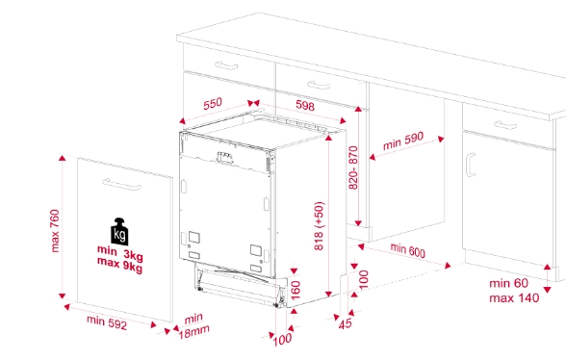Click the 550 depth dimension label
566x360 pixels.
point(213,104)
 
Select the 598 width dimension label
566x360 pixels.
point(305,106)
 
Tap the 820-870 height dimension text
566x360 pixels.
point(353,167)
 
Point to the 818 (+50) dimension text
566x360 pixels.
point(320,226)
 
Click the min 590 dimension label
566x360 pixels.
point(402,141)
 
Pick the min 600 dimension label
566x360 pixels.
point(408,250)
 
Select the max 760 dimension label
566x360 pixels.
point(55,231)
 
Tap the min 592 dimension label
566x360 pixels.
point(107,322)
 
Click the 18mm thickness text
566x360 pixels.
point(193,332)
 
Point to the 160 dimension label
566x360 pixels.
point(296,291)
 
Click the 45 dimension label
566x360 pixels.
point(345,323)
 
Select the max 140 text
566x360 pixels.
point(514,298)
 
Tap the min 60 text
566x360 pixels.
point(508,283)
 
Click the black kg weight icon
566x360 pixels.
point(119,232)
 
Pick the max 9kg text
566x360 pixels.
point(119,265)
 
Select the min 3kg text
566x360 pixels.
point(119,253)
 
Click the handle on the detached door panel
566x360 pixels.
point(121,185)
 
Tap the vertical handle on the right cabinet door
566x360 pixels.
point(470,165)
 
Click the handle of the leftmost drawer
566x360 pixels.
point(226,65)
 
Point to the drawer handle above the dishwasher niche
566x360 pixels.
point(319,86)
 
